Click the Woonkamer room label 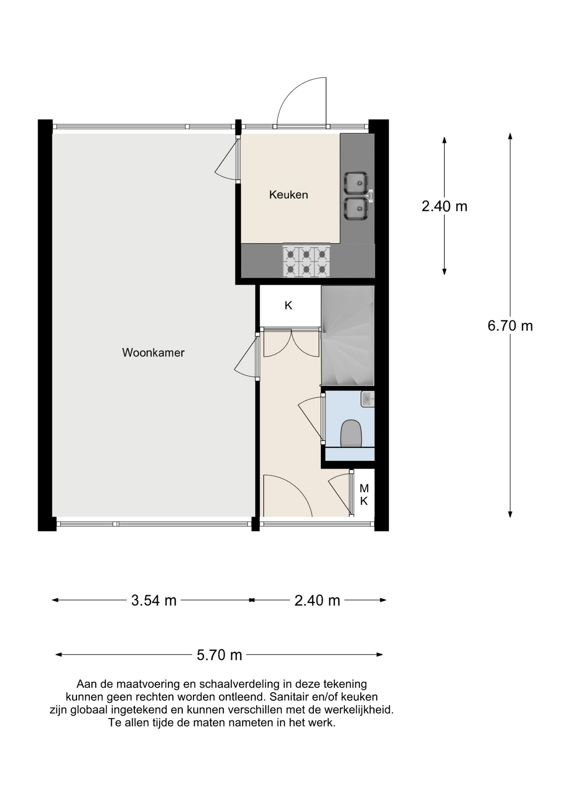(x=153, y=353)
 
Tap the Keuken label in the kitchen (x=288, y=195)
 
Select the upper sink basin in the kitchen (x=356, y=183)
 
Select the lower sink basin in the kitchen (x=356, y=209)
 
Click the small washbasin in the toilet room (x=368, y=399)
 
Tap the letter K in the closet (x=288, y=306)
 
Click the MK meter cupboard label (x=364, y=495)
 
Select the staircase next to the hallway (x=348, y=336)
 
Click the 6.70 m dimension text (x=510, y=326)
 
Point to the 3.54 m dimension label (x=154, y=601)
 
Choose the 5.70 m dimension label (x=219, y=655)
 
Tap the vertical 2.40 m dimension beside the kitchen (x=444, y=206)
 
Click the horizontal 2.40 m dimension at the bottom (x=317, y=601)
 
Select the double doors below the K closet (x=291, y=343)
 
